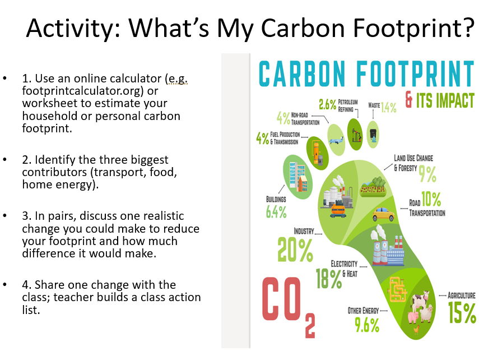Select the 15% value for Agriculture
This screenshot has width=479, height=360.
point(461,313)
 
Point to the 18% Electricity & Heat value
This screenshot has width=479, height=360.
point(328,279)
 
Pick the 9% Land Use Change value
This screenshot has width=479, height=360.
point(427,174)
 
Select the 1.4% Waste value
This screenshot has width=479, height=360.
point(388,107)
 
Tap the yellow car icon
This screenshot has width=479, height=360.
point(383,214)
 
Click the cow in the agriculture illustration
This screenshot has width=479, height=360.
point(421,301)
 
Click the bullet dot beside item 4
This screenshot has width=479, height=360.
point(6,285)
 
